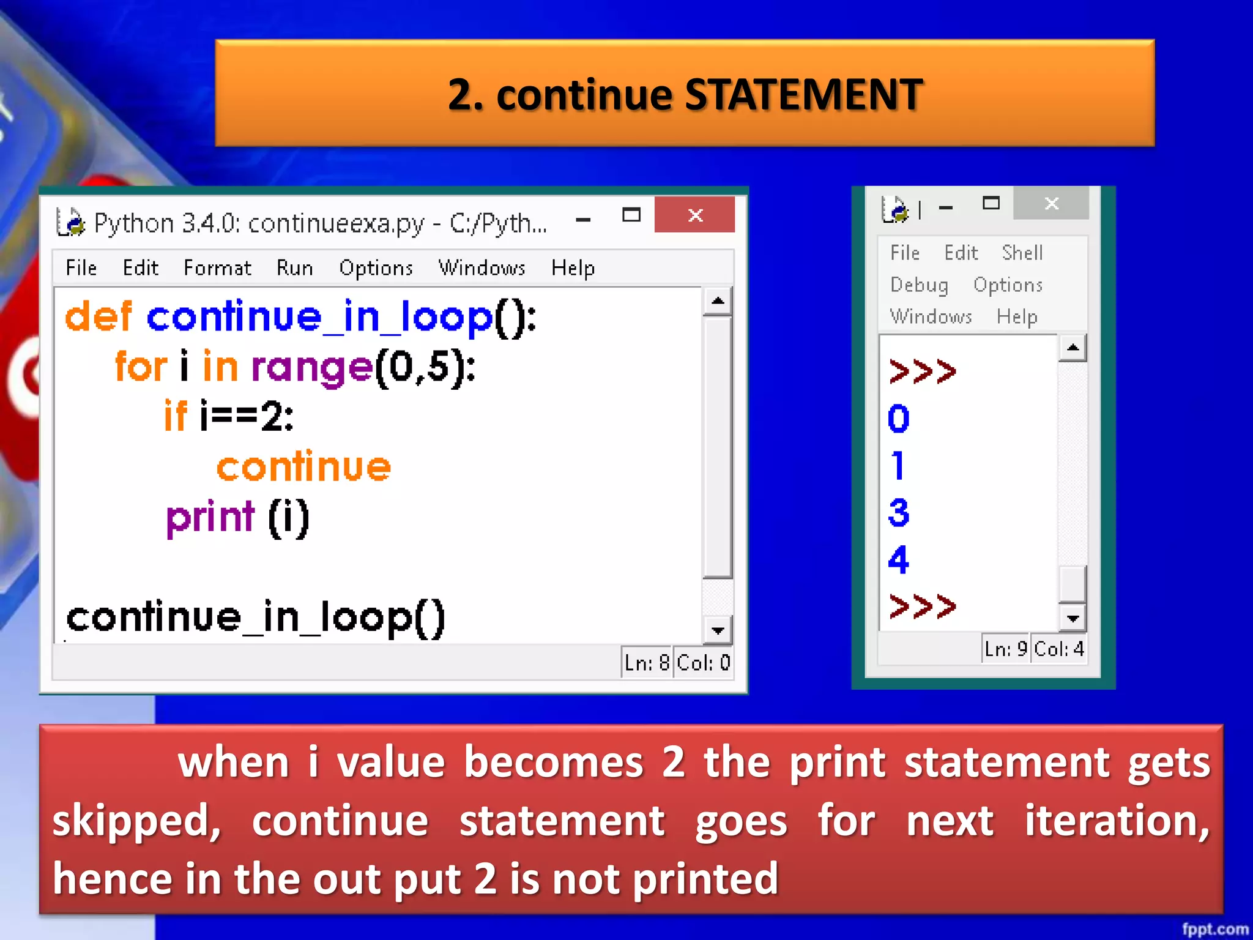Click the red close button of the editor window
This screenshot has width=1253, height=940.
tap(694, 215)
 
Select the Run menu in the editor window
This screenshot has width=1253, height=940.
tap(294, 268)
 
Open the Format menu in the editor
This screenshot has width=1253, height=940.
tap(217, 268)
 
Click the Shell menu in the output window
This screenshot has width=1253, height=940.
tap(1022, 253)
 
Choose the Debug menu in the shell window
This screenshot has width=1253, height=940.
tap(919, 285)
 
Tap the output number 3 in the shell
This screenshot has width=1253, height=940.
tap(899, 513)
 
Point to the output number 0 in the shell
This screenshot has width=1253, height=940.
tap(899, 419)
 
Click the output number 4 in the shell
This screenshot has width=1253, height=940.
tap(899, 559)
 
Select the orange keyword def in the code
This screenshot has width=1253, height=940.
tap(98, 317)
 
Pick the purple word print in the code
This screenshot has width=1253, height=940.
tap(210, 518)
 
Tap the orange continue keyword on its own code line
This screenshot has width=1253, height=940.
tap(303, 467)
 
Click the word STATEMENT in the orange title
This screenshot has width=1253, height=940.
tap(803, 95)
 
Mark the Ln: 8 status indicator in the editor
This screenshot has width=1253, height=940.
tap(647, 663)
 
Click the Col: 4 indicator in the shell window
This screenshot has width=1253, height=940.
tap(1059, 649)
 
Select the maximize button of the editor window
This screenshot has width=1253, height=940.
tap(631, 215)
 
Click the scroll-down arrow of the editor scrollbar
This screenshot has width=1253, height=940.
tap(718, 630)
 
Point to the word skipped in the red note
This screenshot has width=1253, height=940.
tap(136, 821)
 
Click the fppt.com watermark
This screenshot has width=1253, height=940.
tap(1215, 929)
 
